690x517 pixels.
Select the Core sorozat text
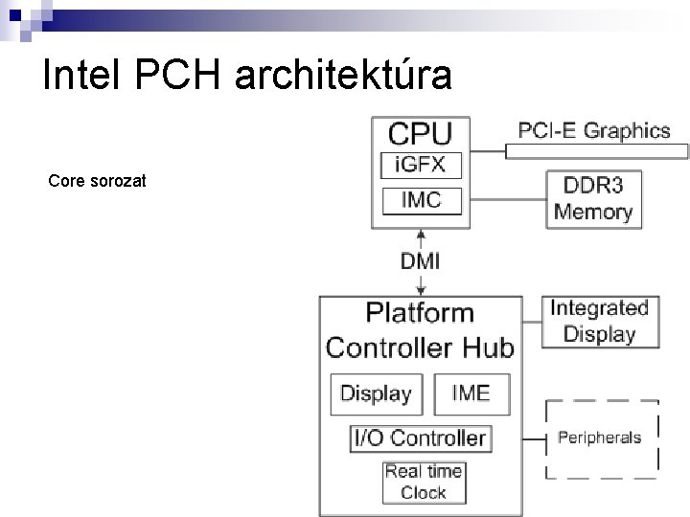97,179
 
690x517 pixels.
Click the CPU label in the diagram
420,133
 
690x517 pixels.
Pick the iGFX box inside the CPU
421,164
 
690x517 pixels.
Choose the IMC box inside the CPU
421,200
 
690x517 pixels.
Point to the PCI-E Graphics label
595,130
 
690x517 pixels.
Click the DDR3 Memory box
593,199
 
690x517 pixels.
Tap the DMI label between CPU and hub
421,260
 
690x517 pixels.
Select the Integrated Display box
599,321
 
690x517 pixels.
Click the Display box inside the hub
376,393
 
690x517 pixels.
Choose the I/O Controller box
421,438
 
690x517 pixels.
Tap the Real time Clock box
423,482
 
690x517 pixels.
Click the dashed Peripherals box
601,438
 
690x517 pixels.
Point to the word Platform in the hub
420,312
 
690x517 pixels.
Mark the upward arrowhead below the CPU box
421,234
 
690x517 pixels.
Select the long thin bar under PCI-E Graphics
597,150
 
